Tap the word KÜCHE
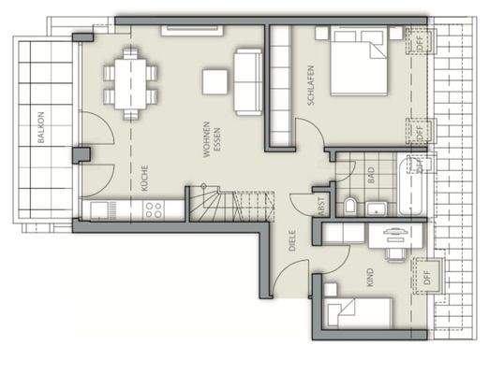[x=145, y=178]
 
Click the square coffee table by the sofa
[x=217, y=83]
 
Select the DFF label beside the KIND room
[x=428, y=275]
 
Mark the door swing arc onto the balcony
[x=95, y=131]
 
